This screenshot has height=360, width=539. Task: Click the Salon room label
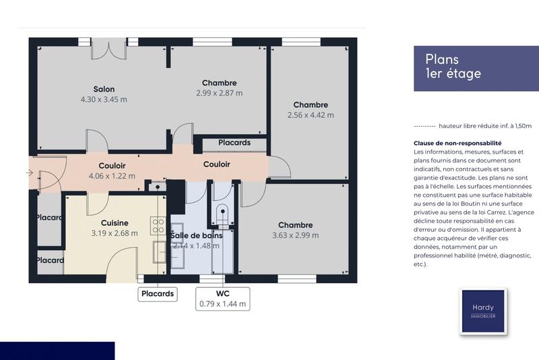coord(104,89)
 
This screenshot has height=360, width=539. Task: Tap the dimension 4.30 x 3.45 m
coord(104,99)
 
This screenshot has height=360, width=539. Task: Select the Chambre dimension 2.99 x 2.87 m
coord(219,93)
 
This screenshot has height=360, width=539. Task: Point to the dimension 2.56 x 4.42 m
coord(311,115)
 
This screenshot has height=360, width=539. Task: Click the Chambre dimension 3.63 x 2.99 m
coord(295,235)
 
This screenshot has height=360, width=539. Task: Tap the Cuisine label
coord(115,223)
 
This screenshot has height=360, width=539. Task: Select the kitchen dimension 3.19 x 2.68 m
coord(115,233)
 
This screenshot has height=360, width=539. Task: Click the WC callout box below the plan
coord(223,299)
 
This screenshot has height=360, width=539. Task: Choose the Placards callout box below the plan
coord(158,294)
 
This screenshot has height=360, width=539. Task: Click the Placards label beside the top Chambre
coord(234,143)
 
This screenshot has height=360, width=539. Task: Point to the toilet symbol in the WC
coord(221,214)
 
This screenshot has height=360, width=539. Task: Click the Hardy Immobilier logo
coord(482,311)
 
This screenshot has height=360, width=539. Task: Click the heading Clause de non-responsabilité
coord(457,144)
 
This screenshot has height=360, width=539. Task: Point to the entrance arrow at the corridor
coord(29,173)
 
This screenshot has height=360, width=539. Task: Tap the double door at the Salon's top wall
coord(108,49)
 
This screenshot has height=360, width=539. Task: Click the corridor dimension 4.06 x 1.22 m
coord(112,176)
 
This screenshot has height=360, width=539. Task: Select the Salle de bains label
coord(197,235)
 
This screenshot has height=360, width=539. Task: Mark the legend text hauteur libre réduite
coord(484,125)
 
